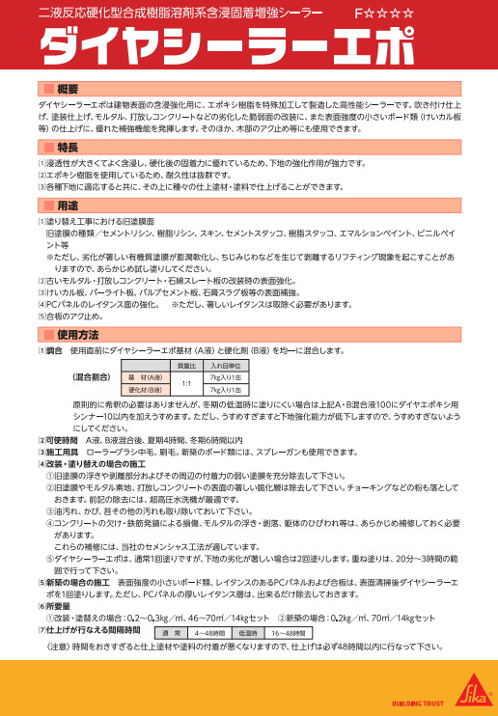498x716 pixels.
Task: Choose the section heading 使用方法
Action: (x=77, y=334)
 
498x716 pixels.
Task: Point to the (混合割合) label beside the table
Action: (x=92, y=377)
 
